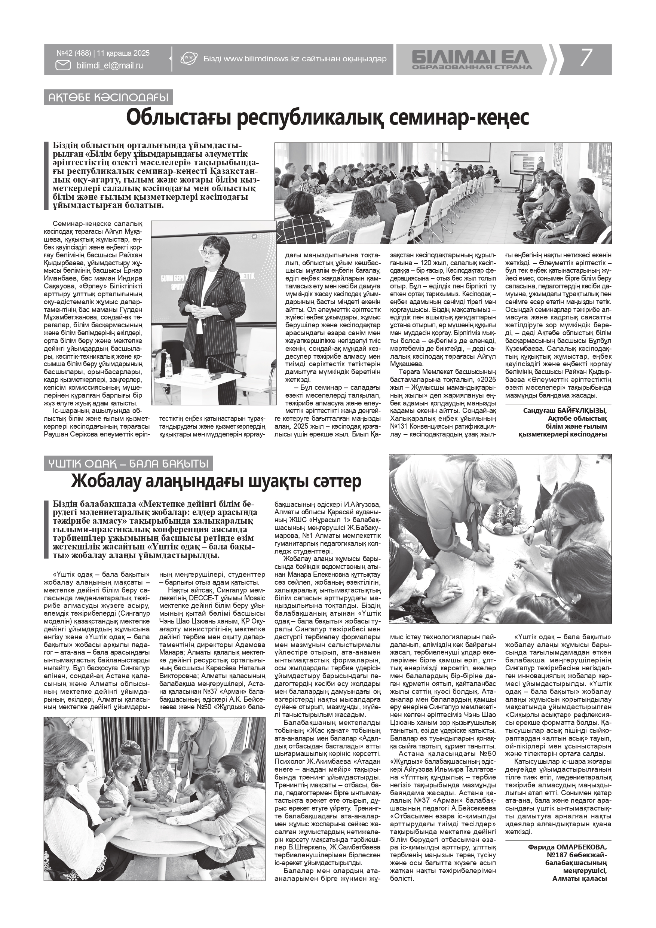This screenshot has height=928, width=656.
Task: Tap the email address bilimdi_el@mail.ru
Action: pos(110,65)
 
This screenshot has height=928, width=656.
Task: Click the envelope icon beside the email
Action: pos(63,65)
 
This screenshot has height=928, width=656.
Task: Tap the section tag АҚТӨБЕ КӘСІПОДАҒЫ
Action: pos(108,97)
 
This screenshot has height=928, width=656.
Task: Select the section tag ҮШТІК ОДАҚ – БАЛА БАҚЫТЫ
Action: pos(128,463)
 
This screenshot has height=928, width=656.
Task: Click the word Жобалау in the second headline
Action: pos(116,481)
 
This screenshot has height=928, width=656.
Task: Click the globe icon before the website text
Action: pos(188,59)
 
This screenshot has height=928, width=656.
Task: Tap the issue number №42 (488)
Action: pos(74,53)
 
